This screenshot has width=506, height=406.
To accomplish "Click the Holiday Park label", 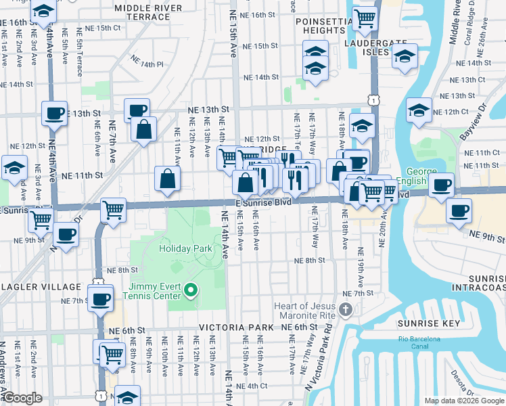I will point(185,248).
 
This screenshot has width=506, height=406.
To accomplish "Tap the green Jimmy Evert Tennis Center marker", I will point(191,291).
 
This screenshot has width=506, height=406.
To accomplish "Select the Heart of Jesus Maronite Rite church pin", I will point(346,311).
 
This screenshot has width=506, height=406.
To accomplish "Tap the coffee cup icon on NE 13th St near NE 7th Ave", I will point(136,110).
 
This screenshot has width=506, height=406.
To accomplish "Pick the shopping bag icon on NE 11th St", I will point(167,179).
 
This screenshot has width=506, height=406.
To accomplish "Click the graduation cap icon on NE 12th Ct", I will point(419,110).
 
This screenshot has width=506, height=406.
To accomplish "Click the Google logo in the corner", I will point(22,398).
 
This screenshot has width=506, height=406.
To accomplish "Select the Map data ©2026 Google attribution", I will point(463,401).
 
